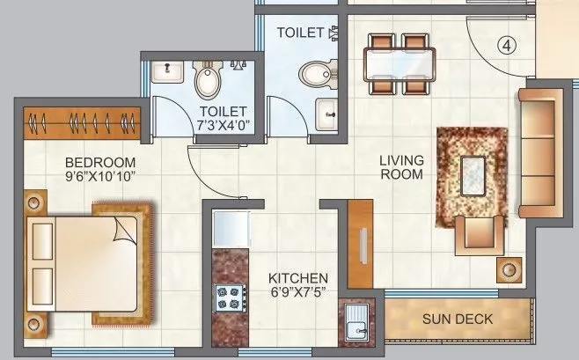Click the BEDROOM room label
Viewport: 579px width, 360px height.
coord(100,162)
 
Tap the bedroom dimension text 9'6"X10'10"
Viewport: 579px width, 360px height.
coord(100,175)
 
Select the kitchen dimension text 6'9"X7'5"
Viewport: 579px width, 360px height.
coord(298,293)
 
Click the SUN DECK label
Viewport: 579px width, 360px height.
coord(458,319)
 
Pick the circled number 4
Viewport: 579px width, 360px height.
coord(505,43)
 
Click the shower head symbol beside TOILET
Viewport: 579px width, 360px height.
coord(333,33)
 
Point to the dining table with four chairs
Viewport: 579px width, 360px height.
coord(399,62)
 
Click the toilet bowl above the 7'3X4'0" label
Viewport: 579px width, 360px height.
coord(208,81)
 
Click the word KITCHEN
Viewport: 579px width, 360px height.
coord(298,278)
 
